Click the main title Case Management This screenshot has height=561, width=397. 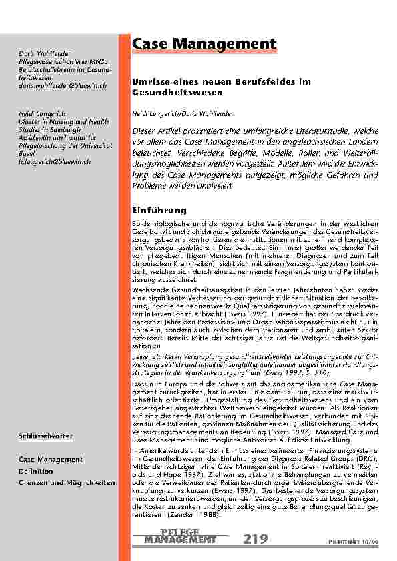(x=204, y=44)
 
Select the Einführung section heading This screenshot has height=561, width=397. (x=158, y=210)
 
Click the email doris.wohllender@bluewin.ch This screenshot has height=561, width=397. (x=62, y=86)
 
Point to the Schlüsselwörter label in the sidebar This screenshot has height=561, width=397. (x=46, y=436)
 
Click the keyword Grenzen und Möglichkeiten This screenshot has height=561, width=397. (x=67, y=482)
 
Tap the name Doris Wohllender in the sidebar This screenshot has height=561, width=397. (x=45, y=53)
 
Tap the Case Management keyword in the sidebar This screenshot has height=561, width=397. (x=51, y=460)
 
